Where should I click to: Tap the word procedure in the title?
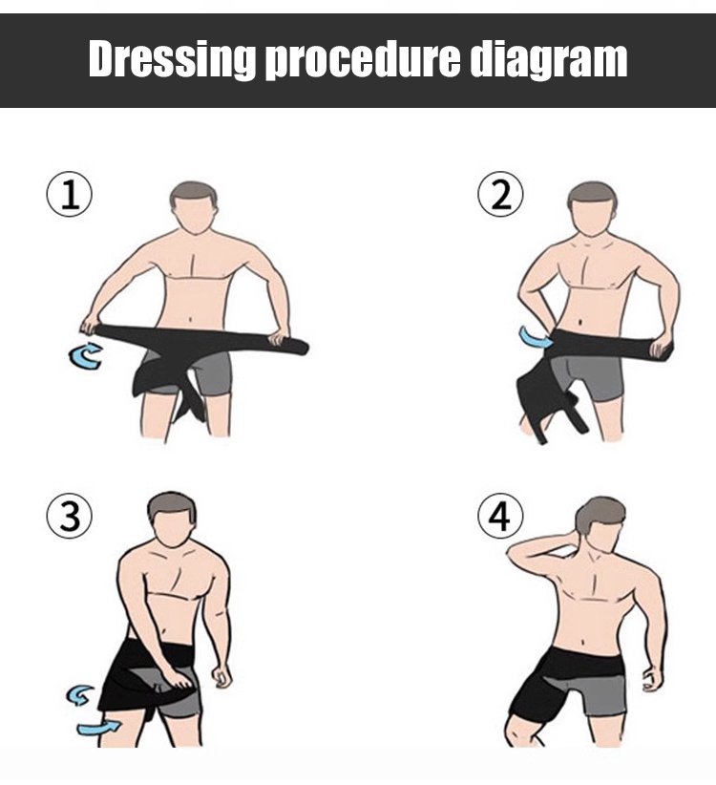coord(362,60)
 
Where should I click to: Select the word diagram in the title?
coord(549,60)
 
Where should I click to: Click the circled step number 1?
coord(70,195)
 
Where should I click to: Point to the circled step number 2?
coord(500,195)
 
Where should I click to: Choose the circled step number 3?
coord(70,516)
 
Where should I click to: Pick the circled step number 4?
coord(500,516)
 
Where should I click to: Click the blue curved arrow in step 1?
coord(84,356)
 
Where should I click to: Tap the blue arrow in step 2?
coord(535,337)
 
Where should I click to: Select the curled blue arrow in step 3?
coord(80,695)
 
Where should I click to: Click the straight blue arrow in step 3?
coord(99,728)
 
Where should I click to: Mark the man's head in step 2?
coord(593,208)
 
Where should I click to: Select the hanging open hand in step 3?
coord(221,676)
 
